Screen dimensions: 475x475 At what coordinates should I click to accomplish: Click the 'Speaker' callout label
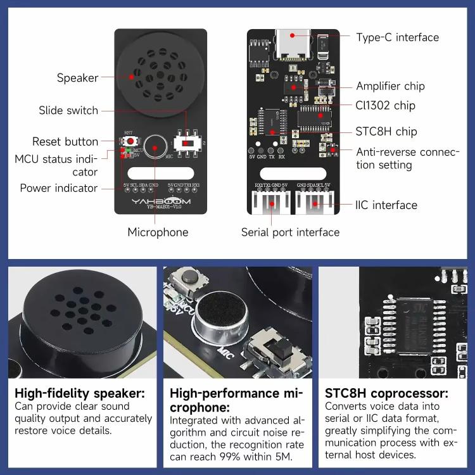click(x=77, y=78)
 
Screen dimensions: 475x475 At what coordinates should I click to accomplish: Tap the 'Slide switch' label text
click(x=68, y=110)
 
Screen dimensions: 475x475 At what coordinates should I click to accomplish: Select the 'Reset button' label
click(x=65, y=141)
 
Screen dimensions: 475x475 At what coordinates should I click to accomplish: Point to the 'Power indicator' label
click(x=58, y=187)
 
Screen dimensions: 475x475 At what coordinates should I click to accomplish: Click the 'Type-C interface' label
click(x=397, y=37)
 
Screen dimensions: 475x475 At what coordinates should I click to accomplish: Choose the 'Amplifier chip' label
click(x=390, y=86)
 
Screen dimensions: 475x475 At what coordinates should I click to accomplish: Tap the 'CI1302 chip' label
click(x=386, y=105)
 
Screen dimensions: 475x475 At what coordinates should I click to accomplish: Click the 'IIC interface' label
click(x=386, y=205)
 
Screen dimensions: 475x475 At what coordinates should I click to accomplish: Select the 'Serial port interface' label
click(x=290, y=232)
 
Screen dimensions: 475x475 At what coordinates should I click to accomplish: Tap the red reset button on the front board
click(x=130, y=140)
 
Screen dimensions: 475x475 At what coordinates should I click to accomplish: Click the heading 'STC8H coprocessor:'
click(x=386, y=393)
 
